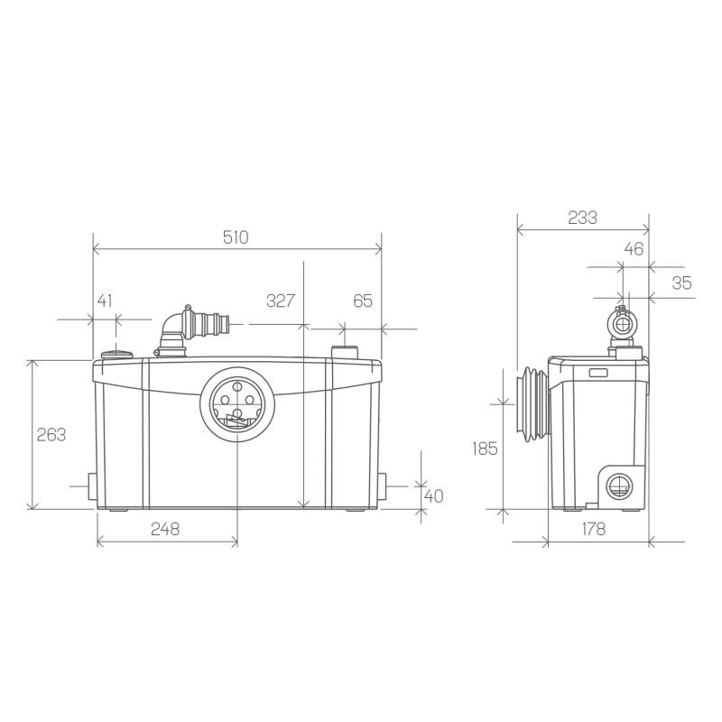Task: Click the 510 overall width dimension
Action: click(x=236, y=237)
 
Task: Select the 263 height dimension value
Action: click(x=51, y=434)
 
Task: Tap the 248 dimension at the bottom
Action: click(x=165, y=529)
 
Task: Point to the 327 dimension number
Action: click(x=281, y=301)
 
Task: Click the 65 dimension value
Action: click(x=362, y=301)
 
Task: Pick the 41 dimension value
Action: click(x=105, y=301)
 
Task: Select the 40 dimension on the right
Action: click(x=434, y=495)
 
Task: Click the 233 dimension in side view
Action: click(x=582, y=218)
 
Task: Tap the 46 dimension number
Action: click(x=634, y=250)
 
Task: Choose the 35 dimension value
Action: click(x=681, y=282)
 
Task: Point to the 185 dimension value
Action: click(x=485, y=447)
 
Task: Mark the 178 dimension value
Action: click(x=593, y=529)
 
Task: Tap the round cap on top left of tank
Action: click(x=116, y=354)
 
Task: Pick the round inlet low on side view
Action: click(x=618, y=486)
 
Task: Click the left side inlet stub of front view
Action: click(x=89, y=487)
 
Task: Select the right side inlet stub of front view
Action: click(x=384, y=487)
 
